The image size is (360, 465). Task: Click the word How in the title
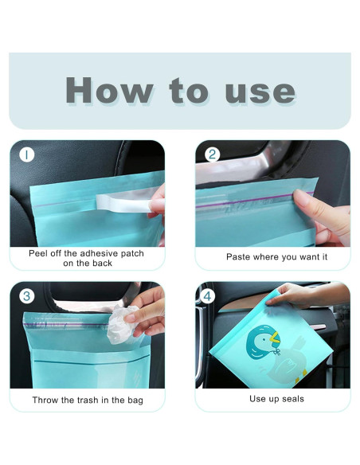[x=109, y=90]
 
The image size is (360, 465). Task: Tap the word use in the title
[x=260, y=92]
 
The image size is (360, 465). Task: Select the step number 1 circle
[x=27, y=154]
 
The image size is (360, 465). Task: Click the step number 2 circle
[x=213, y=154]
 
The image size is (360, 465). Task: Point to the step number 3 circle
[x=27, y=296]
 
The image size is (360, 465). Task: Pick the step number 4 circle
[x=207, y=296]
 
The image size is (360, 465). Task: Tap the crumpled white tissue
[x=122, y=325]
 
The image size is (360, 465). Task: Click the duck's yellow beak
[x=275, y=338]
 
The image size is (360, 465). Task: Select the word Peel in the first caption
[x=37, y=253]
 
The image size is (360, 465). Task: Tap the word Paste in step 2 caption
[x=237, y=257]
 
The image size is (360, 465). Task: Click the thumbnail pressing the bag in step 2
[x=299, y=197]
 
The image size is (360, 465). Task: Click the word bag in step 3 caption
[x=135, y=401]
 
